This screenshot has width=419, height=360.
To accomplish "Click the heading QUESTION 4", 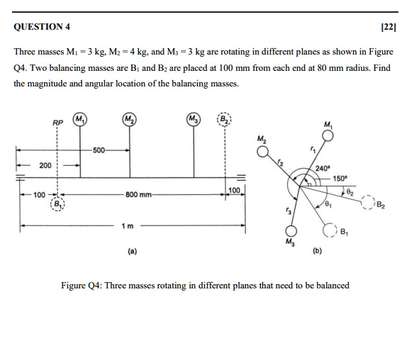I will pos(43,28).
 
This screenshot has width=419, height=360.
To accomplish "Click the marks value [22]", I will pos(389,28).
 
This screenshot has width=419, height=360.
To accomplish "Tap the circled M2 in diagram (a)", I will pos(129,118).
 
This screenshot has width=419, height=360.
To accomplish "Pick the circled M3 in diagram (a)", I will pos(193,118).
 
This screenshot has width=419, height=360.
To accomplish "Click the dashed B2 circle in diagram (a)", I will pos(224,118).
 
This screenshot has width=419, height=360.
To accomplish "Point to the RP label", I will pos(57,123).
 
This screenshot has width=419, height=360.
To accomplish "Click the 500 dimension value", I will pos(98,150).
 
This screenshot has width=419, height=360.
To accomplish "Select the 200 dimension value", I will pos(45,165).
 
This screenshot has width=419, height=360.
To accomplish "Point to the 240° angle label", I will pos(323,168).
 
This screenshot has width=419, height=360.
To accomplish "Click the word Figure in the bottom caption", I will pos(75,286).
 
